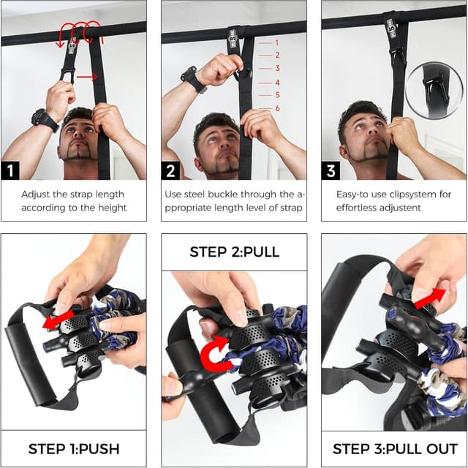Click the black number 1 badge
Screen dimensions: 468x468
(10, 170)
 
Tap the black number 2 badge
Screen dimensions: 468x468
(170, 170)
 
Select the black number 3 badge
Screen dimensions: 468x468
(331, 170)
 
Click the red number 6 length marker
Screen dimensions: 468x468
(277, 108)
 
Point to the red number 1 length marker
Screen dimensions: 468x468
(277, 43)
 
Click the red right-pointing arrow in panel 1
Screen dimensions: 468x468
(87, 75)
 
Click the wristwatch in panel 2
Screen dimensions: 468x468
(193, 79)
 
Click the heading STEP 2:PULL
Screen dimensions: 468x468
(234, 252)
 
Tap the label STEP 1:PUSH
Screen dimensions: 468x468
(73, 448)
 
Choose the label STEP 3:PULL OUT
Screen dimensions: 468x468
(395, 448)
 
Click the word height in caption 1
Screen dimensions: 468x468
(110, 208)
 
